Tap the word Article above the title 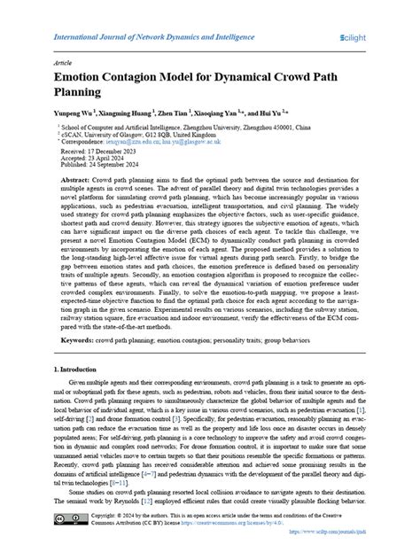click(63, 65)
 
